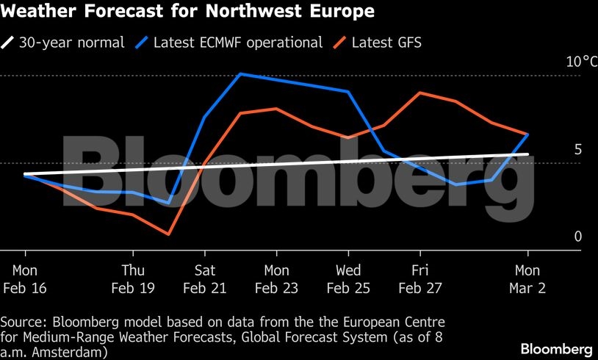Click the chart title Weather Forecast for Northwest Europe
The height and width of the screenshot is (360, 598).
(x=187, y=12)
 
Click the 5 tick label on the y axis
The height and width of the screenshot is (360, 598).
(x=577, y=149)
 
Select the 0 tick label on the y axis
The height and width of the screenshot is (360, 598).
(x=577, y=236)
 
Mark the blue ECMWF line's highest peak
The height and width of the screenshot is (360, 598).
(x=241, y=73)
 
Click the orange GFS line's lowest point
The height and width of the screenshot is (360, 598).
(x=169, y=234)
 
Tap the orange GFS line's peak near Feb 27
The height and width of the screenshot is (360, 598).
(x=419, y=93)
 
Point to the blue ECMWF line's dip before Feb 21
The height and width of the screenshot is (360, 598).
(x=169, y=201)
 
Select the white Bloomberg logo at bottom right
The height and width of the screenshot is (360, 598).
(x=556, y=348)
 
